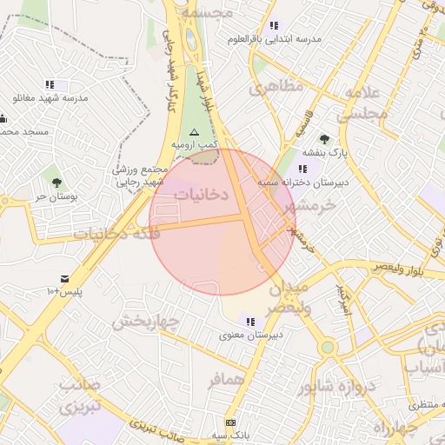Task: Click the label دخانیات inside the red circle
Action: coord(201,195)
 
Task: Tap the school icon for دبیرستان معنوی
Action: coord(251,322)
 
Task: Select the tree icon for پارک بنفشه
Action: coord(324,139)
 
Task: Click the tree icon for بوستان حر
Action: coord(56,183)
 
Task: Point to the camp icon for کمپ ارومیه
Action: coord(194,130)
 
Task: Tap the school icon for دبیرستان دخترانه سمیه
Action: coord(302,169)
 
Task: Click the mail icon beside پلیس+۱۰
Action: coord(64,279)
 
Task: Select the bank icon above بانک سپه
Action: coord(229,422)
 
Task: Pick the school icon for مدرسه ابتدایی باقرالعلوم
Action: coord(274,25)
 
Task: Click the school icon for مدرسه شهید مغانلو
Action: coord(50,84)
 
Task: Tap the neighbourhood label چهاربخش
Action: coord(144,321)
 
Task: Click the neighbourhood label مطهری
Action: coord(276,87)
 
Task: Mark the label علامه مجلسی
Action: coord(357,104)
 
